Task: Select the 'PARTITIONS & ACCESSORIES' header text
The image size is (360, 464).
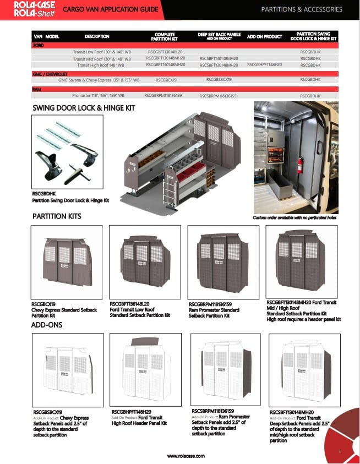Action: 301,9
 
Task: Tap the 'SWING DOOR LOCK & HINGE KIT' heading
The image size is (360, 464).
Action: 84,108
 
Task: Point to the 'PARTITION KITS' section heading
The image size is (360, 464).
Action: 57,216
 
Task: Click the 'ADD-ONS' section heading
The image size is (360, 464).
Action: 47,325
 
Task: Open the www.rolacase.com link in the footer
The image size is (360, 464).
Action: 186,456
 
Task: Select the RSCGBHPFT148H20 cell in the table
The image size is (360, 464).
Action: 264,64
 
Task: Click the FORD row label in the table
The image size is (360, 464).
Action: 39,45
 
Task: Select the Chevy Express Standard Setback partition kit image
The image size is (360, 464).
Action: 67,261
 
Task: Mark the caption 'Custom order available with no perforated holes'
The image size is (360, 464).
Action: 294,218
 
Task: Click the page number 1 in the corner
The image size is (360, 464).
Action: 340,451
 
